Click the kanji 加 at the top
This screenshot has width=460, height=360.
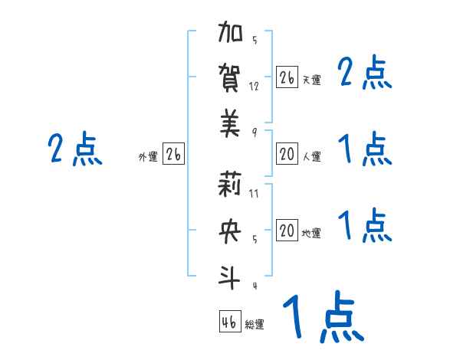coord(231,36)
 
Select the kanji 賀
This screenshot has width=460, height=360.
coord(231,79)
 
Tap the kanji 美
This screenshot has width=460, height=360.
coord(231,122)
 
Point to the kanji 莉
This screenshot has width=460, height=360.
coord(231,186)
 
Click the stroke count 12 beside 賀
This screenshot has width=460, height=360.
coord(255,87)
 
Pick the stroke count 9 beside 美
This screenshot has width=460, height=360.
coord(254,131)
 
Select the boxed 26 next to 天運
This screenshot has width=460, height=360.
coord(287,77)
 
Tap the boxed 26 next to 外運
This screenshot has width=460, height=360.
coord(173,155)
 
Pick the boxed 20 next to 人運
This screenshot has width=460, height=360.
coord(287,155)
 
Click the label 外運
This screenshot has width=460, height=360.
coord(148,157)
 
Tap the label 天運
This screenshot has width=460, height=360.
coord(311,80)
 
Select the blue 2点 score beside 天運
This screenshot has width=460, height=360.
coord(365,74)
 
